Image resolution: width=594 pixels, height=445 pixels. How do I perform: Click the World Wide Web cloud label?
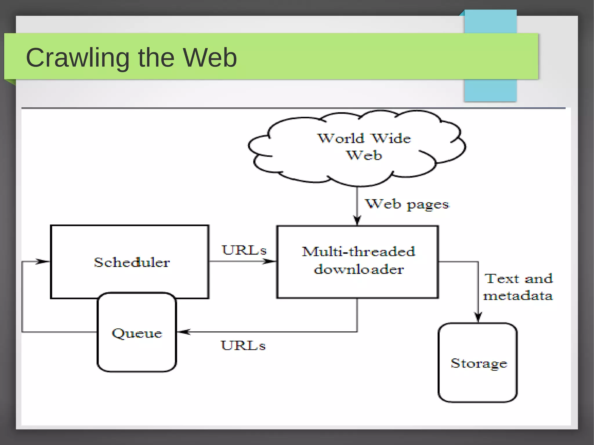(x=364, y=147)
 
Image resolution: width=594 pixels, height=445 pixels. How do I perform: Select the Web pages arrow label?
(x=407, y=204)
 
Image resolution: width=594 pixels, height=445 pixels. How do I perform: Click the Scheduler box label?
(x=132, y=262)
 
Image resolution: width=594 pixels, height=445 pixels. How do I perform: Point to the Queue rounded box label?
(x=137, y=333)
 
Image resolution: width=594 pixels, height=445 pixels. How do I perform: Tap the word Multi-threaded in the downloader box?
(x=358, y=251)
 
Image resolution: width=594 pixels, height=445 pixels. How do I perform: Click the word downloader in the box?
(x=359, y=269)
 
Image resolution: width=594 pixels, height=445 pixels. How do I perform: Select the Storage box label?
(x=479, y=363)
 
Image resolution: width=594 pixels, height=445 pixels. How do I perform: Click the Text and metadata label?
(x=518, y=287)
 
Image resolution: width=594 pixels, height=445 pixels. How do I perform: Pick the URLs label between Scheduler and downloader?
(x=244, y=250)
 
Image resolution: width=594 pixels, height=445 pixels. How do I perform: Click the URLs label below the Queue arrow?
(x=243, y=345)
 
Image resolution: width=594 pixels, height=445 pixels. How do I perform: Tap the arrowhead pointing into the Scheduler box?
(x=44, y=261)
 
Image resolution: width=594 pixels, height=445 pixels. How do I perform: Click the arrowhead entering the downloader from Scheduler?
(x=270, y=261)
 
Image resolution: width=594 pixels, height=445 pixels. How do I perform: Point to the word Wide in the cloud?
(x=391, y=138)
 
